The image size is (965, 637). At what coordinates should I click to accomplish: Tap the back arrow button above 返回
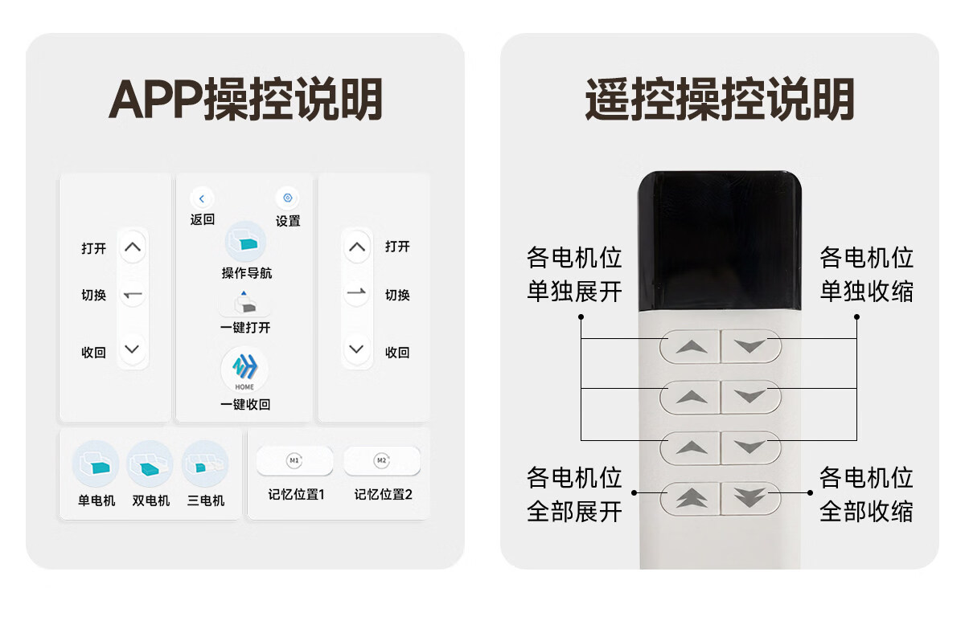202,198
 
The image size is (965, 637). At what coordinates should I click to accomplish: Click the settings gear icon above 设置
287,198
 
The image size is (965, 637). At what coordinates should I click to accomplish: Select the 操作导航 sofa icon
245,242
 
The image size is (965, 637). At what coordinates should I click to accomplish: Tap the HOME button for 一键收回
244,370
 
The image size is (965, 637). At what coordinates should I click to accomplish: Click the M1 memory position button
294,460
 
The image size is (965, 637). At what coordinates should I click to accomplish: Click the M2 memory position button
382,460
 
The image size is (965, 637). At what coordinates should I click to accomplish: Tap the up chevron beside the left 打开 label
132,247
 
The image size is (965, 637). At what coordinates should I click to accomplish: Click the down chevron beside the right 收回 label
356,349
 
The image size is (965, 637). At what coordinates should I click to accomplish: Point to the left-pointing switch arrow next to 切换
133,295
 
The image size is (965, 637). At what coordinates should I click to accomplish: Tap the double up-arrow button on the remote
690,498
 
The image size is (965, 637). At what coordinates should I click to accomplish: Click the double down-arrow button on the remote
751,498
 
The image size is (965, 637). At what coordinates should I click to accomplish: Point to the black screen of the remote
720,241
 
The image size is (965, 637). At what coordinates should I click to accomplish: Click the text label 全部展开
574,512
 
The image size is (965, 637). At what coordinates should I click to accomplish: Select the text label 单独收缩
866,292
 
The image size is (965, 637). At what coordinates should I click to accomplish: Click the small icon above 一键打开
244,303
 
